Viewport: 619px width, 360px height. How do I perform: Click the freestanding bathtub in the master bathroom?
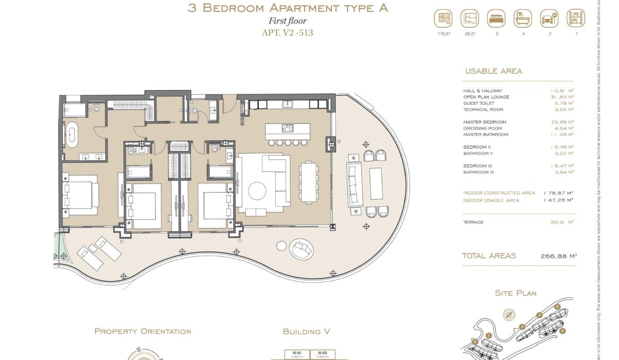(72, 137)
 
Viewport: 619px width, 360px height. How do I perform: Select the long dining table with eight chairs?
(309, 182)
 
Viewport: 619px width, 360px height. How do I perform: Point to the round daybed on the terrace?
(301, 249)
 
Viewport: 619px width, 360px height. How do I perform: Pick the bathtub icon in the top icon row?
(522, 19)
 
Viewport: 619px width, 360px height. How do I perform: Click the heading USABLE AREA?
(493, 71)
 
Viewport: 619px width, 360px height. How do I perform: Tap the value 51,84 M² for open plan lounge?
(562, 97)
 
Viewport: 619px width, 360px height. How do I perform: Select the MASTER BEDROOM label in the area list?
(484, 122)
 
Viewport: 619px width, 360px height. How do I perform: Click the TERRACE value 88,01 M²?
(562, 222)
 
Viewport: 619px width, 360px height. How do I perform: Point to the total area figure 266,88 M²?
(558, 255)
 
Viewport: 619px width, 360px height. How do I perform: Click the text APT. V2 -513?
(287, 33)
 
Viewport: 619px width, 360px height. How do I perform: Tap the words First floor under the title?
(287, 21)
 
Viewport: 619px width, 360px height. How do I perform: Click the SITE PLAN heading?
(515, 293)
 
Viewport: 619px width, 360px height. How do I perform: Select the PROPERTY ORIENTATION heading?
(142, 331)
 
